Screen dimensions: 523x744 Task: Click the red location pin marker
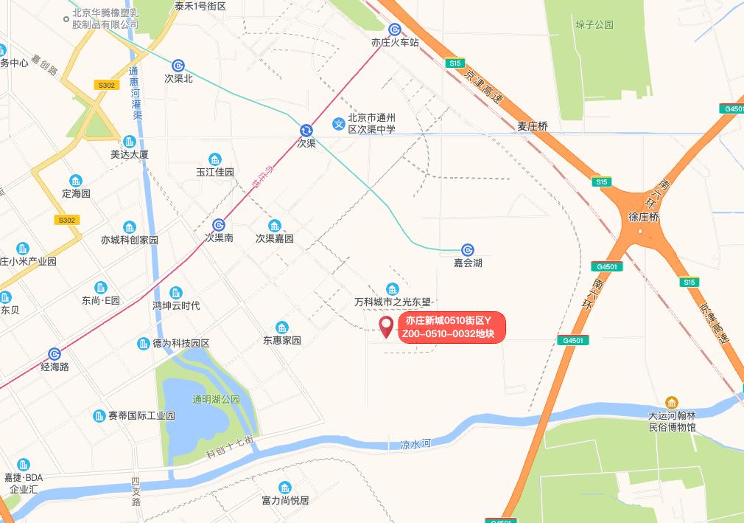[386, 326]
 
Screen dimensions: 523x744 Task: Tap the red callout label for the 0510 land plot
[452, 328]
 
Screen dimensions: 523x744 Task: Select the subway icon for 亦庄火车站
[396, 30]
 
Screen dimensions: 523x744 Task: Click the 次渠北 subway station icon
[178, 66]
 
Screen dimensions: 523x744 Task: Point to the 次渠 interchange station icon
[306, 131]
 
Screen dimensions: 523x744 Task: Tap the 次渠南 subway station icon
[219, 225]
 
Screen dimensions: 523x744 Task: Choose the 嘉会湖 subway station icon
[467, 250]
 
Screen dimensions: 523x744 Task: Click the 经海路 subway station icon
[55, 354]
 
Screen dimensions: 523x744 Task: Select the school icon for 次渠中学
[338, 123]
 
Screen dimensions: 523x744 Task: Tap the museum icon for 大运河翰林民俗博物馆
[671, 403]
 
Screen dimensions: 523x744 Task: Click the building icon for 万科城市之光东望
[392, 289]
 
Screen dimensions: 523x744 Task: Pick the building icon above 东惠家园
[281, 328]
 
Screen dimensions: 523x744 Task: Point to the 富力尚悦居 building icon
[285, 488]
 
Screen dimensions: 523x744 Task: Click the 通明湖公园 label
[216, 399]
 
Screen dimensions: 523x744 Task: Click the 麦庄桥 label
[532, 126]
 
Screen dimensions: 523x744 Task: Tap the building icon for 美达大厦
[130, 142]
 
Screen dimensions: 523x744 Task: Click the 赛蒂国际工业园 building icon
[100, 416]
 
